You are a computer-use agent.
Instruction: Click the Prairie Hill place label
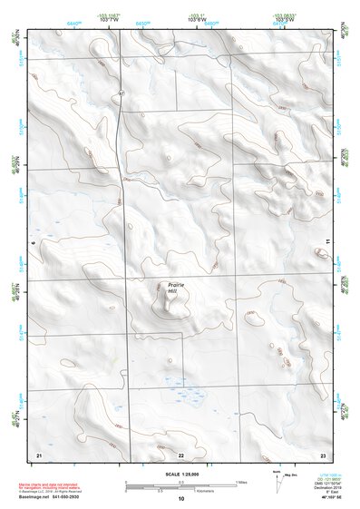tap(175, 288)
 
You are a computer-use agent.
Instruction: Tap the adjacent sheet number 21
tap(39, 453)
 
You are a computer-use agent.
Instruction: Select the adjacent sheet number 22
tap(180, 453)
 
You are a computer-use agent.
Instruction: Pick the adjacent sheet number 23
tap(323, 453)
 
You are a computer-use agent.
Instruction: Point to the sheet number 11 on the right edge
tap(327, 240)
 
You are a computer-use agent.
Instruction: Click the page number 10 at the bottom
tap(180, 498)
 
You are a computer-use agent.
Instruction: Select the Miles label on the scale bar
tap(240, 481)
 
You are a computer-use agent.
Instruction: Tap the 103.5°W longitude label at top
tap(283, 20)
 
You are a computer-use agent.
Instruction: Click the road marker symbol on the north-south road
tap(121, 93)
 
